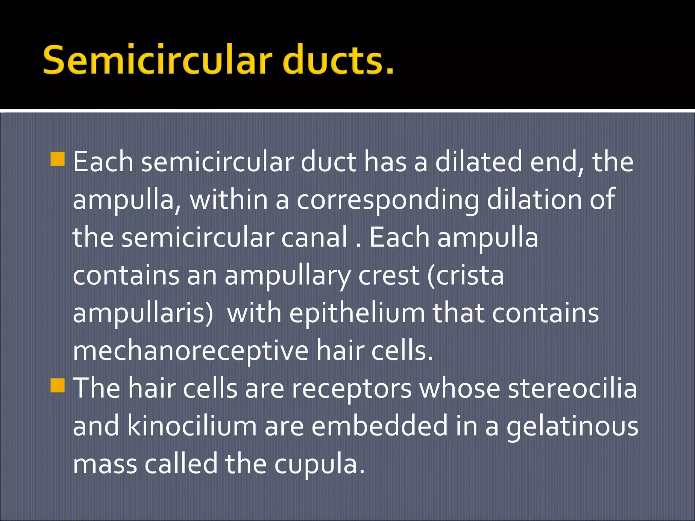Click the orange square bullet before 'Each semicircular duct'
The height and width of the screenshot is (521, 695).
pos(57,159)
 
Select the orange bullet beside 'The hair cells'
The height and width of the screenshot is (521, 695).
pos(57,385)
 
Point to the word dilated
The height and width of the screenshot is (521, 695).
pos(479,162)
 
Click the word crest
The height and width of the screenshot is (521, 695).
pos(389,275)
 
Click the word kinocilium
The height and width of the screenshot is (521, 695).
pos(192,426)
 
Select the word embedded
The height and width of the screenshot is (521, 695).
pos(380,426)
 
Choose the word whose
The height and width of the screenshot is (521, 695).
pos(459,388)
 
